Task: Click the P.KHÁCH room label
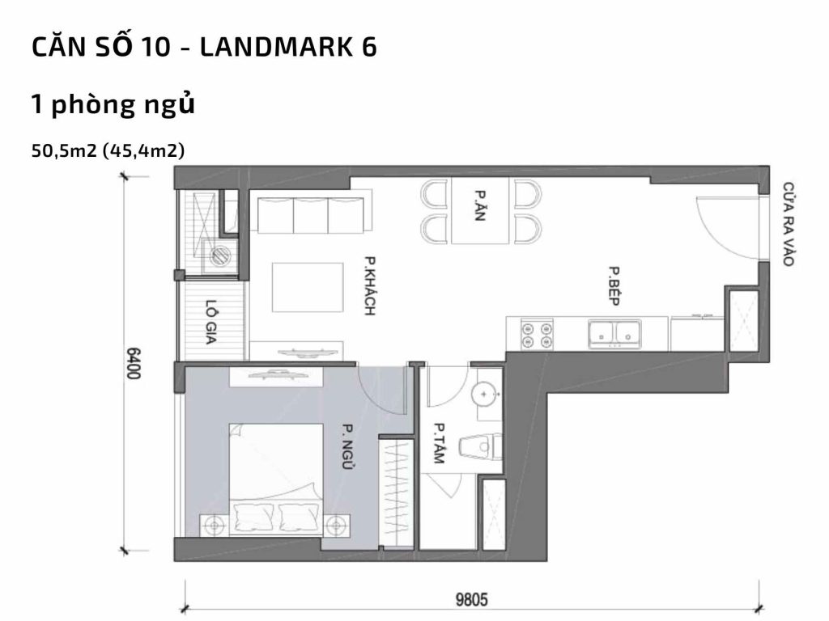tap(370, 285)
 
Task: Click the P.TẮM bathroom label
tap(440, 443)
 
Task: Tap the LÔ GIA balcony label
tap(213, 323)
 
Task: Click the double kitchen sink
tap(614, 333)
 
